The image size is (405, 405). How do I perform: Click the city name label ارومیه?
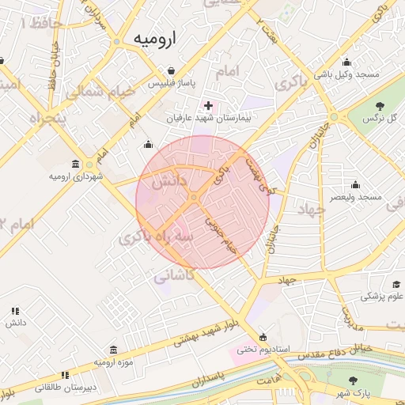tap(155, 38)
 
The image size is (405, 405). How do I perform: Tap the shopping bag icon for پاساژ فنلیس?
tap(171, 70)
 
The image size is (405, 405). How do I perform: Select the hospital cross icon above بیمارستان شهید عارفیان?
tap(208, 105)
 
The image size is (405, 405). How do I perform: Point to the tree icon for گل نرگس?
tap(379, 105)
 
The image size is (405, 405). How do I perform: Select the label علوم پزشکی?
tap(382, 297)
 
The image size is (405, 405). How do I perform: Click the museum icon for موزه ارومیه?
tap(113, 350)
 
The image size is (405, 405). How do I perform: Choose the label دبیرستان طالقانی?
tap(66, 388)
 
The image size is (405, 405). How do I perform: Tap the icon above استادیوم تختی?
tap(263, 335)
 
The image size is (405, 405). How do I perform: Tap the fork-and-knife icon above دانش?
tap(14, 312)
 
